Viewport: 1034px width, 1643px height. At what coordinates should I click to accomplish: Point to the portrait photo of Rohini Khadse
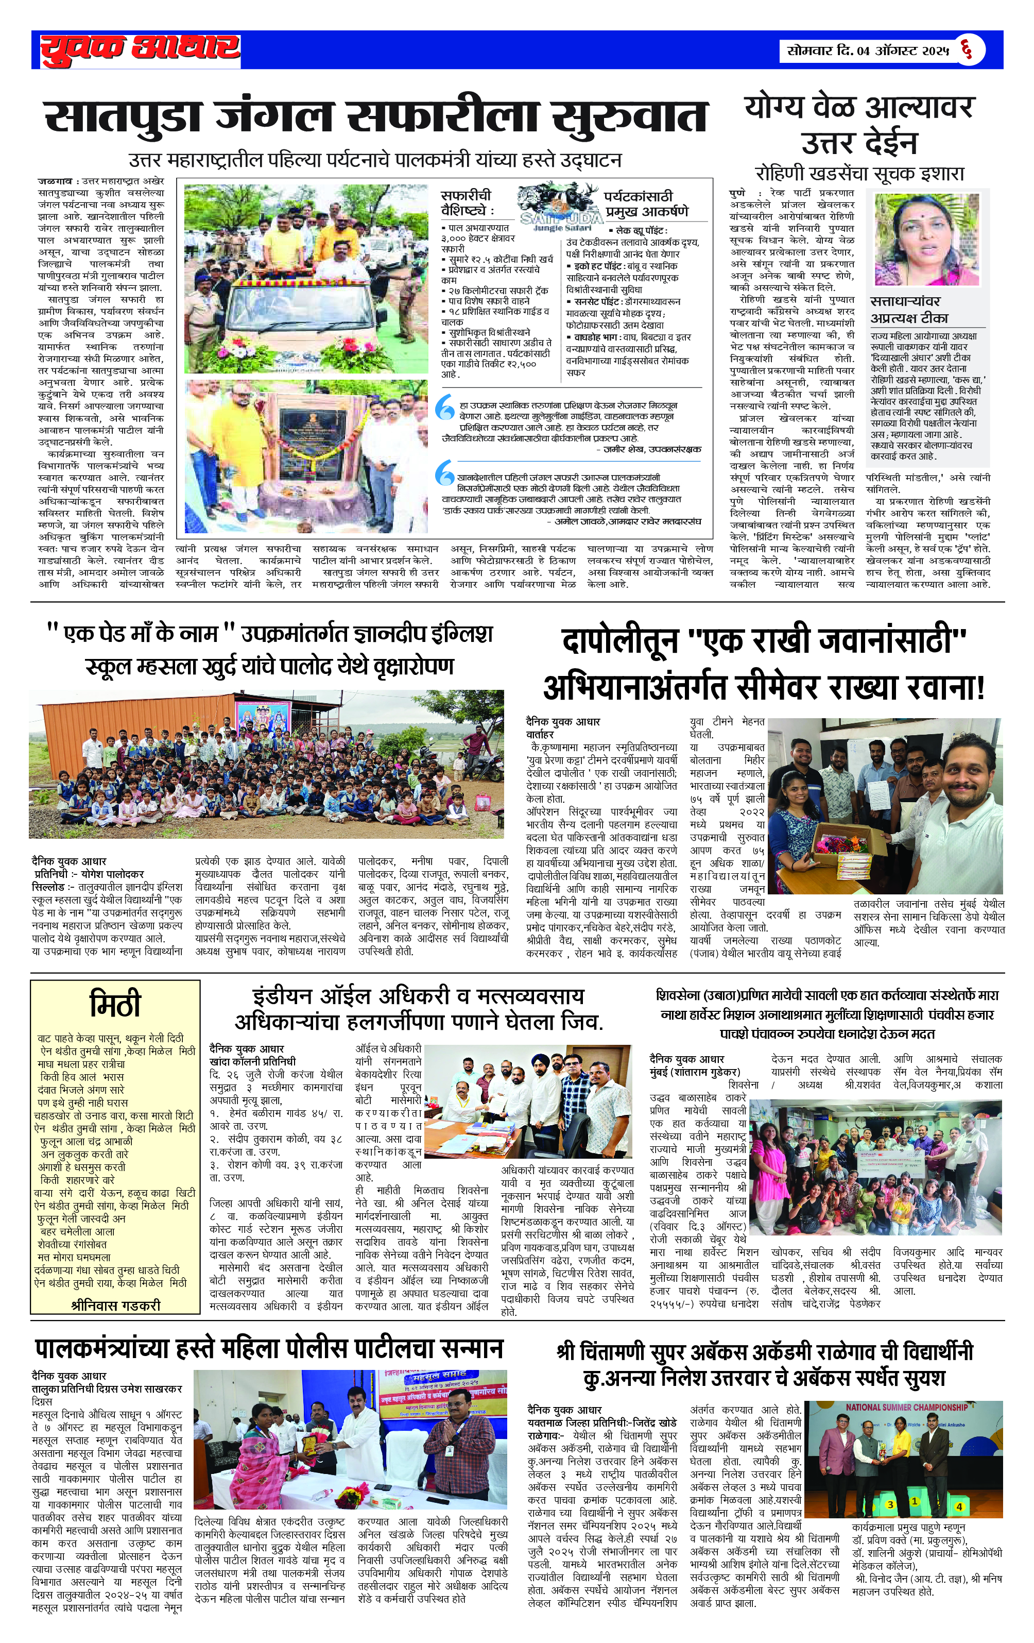(x=927, y=238)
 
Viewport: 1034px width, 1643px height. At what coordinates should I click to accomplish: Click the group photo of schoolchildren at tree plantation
(x=266, y=764)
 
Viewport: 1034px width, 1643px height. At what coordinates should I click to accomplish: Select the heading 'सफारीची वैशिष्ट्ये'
(x=466, y=202)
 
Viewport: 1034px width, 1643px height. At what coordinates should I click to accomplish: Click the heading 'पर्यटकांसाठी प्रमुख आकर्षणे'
(x=646, y=202)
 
